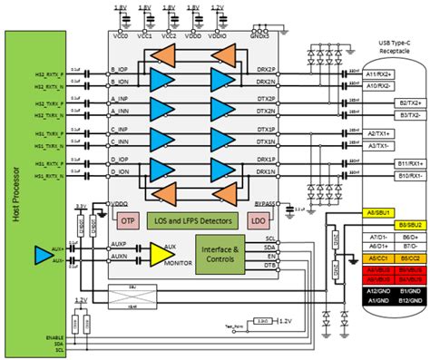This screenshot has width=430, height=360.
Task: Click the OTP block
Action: (x=128, y=219)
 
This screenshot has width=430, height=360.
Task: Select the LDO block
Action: (x=258, y=220)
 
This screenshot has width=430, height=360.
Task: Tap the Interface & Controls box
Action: (x=220, y=253)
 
